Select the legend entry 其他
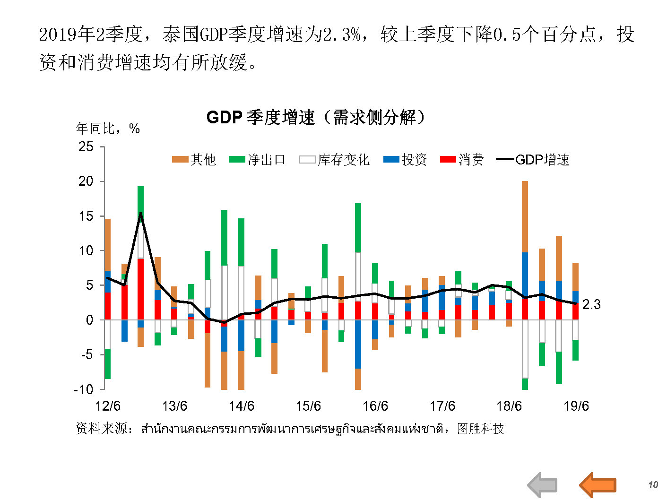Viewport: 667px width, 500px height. click(194, 160)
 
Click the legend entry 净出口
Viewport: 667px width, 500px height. click(258, 160)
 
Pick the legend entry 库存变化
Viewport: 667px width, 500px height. click(334, 160)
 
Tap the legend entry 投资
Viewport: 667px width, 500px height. click(405, 160)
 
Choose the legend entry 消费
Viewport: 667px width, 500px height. click(462, 160)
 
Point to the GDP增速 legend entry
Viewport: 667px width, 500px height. click(533, 160)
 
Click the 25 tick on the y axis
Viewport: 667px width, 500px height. click(86, 147)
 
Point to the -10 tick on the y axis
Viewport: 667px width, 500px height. click(84, 389)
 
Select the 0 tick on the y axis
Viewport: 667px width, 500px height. click(89, 320)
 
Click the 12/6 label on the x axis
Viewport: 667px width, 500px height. click(108, 406)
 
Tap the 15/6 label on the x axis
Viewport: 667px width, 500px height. click(308, 406)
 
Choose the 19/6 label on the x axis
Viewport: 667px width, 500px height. click(576, 406)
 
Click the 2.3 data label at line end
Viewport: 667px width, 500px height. click(591, 304)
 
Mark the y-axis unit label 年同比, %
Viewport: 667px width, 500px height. click(108, 129)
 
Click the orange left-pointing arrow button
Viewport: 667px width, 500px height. click(598, 485)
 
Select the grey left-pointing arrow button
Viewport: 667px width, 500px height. click(542, 485)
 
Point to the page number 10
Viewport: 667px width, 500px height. click(653, 485)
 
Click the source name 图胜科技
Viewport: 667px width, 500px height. click(480, 429)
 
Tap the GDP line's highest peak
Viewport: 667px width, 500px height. click(140, 213)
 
